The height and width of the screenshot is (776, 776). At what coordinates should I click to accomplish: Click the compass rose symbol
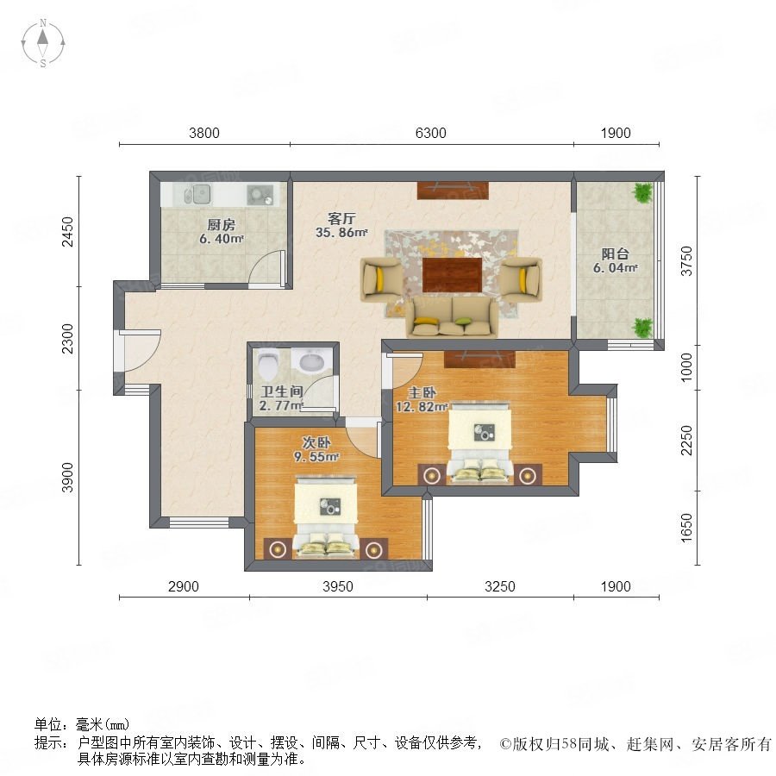click(x=43, y=43)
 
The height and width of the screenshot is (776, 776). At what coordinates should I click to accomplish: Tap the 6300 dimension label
click(x=430, y=133)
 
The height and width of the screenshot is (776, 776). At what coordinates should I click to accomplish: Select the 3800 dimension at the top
click(x=203, y=133)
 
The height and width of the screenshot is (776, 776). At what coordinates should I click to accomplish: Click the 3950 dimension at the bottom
click(x=337, y=586)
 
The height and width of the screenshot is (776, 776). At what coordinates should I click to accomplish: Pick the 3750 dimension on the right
click(x=686, y=260)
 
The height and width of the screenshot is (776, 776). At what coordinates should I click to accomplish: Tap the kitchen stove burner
click(x=260, y=194)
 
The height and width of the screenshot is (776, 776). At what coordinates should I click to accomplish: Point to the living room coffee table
click(x=453, y=275)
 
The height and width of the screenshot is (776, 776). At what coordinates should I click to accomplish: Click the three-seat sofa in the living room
click(x=452, y=318)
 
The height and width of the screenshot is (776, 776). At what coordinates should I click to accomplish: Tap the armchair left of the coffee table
click(x=380, y=279)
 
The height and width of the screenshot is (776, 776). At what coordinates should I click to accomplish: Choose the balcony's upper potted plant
click(x=642, y=192)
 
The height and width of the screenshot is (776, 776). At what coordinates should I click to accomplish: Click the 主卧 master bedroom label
click(x=422, y=393)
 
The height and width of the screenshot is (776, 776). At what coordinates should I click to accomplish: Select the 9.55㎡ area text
click(x=316, y=457)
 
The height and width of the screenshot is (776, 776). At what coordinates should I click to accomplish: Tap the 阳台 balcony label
click(x=615, y=253)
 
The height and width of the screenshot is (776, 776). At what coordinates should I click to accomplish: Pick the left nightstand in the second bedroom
click(x=278, y=548)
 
